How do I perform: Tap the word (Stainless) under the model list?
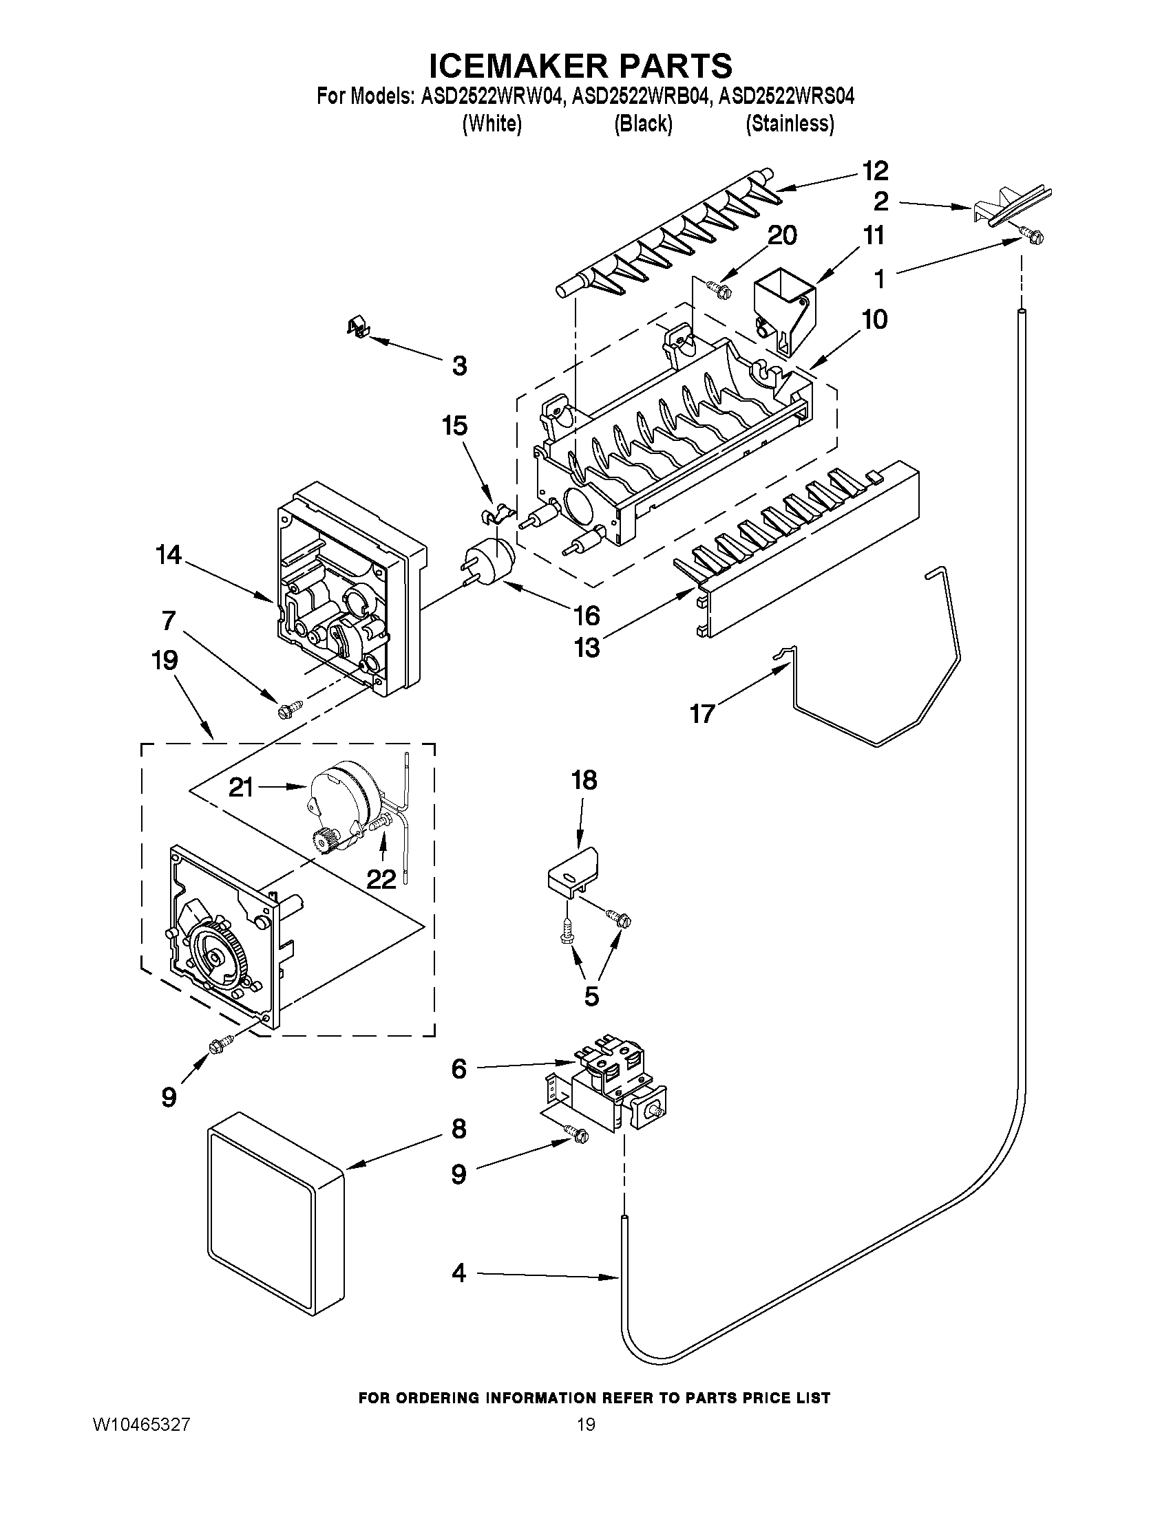point(790,123)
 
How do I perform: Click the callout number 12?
point(875,171)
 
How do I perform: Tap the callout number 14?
point(169,555)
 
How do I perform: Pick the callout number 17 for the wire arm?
point(701,713)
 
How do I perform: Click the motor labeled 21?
point(340,804)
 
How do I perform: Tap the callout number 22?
point(381,879)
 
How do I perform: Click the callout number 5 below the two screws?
point(591,996)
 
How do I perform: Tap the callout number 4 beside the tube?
point(458,1273)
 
